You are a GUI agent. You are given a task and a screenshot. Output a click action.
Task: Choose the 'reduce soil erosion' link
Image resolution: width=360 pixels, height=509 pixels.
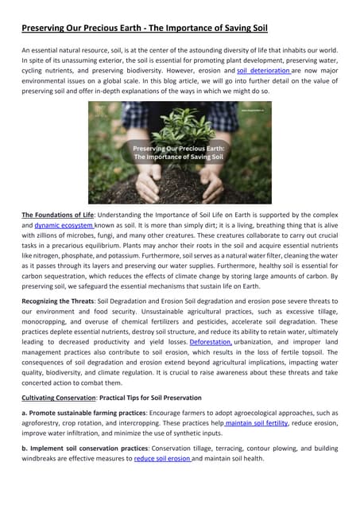tap(162, 458)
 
